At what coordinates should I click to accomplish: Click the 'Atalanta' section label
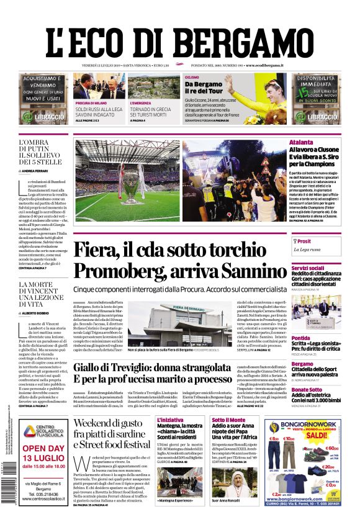point(301,143)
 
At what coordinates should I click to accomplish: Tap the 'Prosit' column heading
point(304,241)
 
